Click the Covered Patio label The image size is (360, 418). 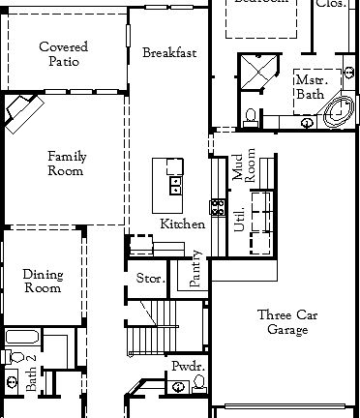tap(65, 54)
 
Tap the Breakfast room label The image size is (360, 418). tap(168, 52)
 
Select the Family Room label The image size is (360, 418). tap(65, 163)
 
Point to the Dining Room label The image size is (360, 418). tap(42, 281)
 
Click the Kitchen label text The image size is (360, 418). tap(182, 224)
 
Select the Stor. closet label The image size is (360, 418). tap(150, 279)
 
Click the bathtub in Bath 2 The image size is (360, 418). tap(21, 338)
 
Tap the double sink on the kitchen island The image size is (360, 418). tap(176, 184)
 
